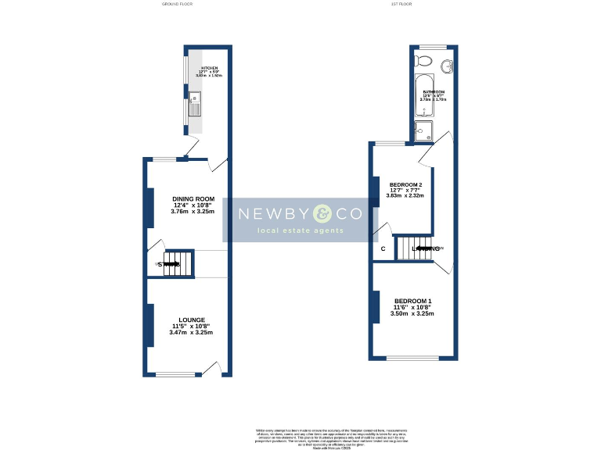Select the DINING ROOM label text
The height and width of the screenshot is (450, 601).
tap(193, 199)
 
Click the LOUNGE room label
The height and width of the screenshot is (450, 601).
tap(191, 320)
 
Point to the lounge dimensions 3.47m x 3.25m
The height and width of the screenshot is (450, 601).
tap(191, 333)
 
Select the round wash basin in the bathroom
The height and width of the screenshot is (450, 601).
tap(448, 66)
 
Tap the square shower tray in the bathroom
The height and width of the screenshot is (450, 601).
tap(423, 132)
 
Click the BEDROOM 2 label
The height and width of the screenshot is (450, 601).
tap(406, 185)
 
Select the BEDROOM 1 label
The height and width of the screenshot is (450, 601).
tap(412, 302)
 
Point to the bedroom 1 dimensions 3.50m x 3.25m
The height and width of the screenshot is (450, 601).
tap(412, 314)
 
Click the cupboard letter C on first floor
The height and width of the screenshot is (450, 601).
tap(383, 249)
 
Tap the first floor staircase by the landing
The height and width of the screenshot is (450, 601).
tap(412, 248)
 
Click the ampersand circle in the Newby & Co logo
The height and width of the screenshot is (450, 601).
tap(322, 213)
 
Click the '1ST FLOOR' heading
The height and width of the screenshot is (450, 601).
tap(401, 4)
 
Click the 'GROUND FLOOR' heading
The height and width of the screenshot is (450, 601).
tap(177, 4)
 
